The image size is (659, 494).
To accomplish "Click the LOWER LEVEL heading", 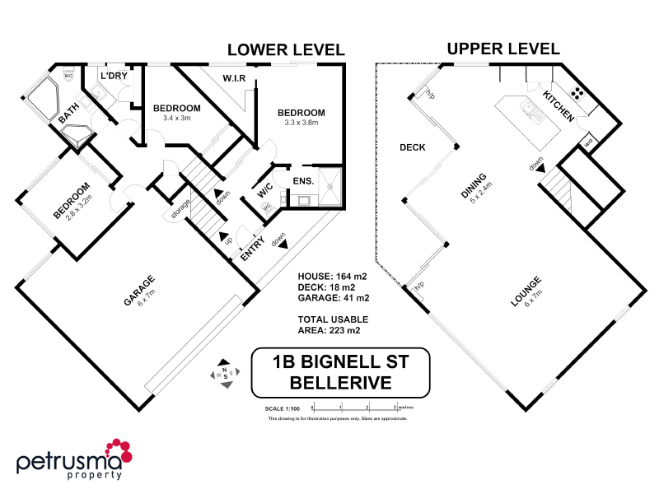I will point(285,49).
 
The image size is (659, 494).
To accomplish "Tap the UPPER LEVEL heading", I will point(503,49).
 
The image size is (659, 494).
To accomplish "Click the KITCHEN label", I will point(558,107).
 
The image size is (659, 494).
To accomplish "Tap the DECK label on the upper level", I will point(412,148).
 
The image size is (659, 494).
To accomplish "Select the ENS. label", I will point(301,179).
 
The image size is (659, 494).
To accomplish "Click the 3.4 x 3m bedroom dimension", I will point(176,118).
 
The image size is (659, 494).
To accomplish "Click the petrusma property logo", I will point(74,459).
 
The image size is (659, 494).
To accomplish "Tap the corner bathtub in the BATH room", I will point(41,100).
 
